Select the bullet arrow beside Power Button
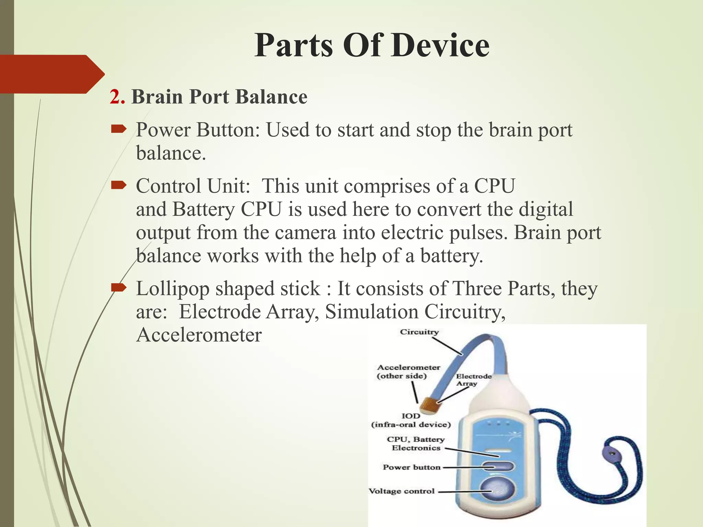click(x=119, y=129)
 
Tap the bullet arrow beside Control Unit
click(x=119, y=186)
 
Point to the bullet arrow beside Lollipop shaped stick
click(x=119, y=288)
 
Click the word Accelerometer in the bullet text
click(x=199, y=335)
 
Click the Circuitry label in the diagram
click(x=419, y=332)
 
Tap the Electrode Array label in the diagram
click(x=473, y=380)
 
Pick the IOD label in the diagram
click(x=411, y=416)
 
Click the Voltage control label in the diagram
click(x=402, y=491)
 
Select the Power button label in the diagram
click(x=411, y=467)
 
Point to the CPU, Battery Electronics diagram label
click(x=416, y=444)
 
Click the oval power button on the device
click(x=498, y=467)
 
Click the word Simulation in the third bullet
click(x=371, y=312)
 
